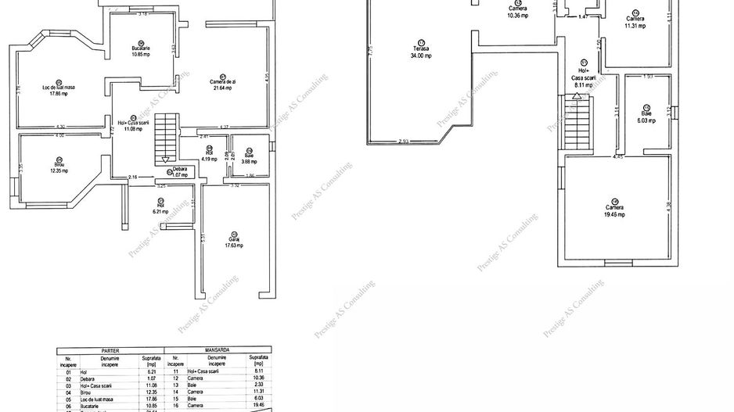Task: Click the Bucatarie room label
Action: point(141,52)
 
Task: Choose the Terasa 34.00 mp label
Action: point(423,52)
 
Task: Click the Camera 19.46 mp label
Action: point(615,210)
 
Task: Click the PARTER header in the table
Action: point(110,351)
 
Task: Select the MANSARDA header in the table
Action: point(217,351)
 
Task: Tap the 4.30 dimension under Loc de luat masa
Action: point(59,127)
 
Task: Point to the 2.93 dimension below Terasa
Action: point(402,141)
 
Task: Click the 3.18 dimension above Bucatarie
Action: point(142,14)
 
